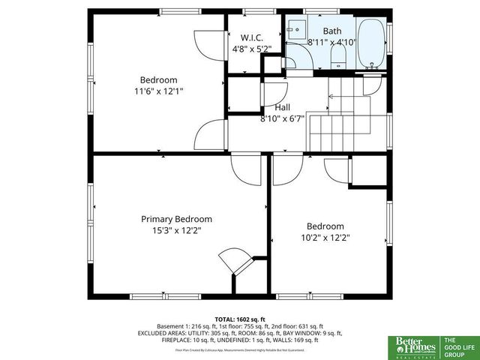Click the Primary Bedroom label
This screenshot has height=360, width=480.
pyautogui.click(x=176, y=219)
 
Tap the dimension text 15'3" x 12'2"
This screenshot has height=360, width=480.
pyautogui.click(x=176, y=231)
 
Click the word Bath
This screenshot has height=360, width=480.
pyautogui.click(x=331, y=31)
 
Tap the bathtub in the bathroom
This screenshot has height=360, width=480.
pyautogui.click(x=370, y=44)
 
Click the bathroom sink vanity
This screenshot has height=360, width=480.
pyautogui.click(x=296, y=31)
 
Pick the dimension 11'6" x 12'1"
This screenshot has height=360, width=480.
pyautogui.click(x=158, y=91)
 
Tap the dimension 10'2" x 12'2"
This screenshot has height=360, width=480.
pyautogui.click(x=325, y=237)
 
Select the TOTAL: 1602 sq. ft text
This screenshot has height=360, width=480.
pyautogui.click(x=239, y=319)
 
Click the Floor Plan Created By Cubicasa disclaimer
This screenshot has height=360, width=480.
pyautogui.click(x=239, y=349)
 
